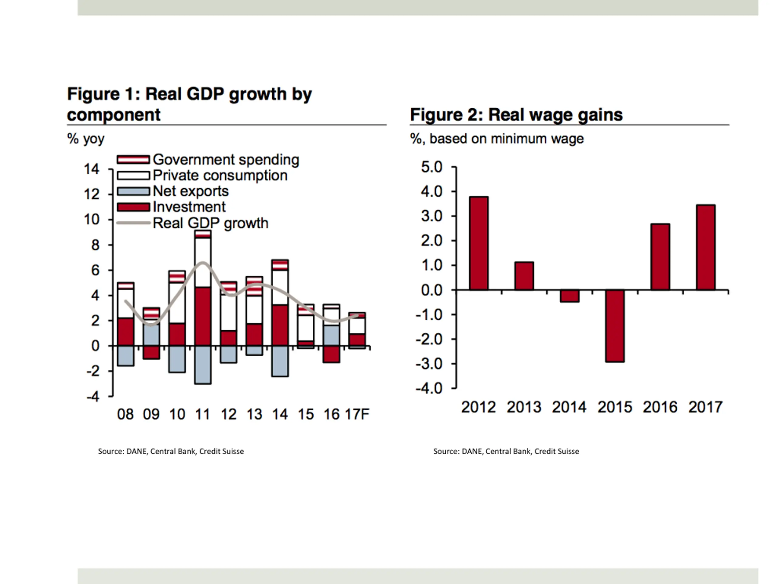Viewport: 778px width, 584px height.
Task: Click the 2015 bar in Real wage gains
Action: (615, 326)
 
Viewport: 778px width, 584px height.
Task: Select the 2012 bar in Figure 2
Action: (479, 243)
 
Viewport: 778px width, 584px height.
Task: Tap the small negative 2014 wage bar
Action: (570, 296)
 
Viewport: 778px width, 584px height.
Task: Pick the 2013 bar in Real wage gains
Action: (524, 276)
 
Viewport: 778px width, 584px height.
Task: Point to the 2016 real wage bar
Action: (660, 257)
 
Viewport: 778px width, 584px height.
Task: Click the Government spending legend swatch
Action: (133, 159)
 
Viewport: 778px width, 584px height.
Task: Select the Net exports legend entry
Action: (190, 191)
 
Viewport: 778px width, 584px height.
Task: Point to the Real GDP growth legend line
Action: (133, 223)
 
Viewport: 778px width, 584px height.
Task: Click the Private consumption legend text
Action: (220, 175)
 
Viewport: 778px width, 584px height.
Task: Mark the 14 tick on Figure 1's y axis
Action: (91, 169)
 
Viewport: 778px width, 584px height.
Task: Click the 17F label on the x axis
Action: (357, 414)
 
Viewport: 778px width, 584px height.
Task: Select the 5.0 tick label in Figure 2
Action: (432, 167)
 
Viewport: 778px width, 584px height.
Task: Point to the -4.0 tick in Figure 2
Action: (429, 388)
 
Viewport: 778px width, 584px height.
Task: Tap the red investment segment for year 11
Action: (203, 316)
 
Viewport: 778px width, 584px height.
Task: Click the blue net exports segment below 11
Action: (203, 365)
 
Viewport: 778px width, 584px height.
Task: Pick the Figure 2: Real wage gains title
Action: (516, 115)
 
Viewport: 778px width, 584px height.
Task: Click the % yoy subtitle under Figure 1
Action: (86, 139)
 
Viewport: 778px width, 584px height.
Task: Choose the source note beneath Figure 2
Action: (506, 451)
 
